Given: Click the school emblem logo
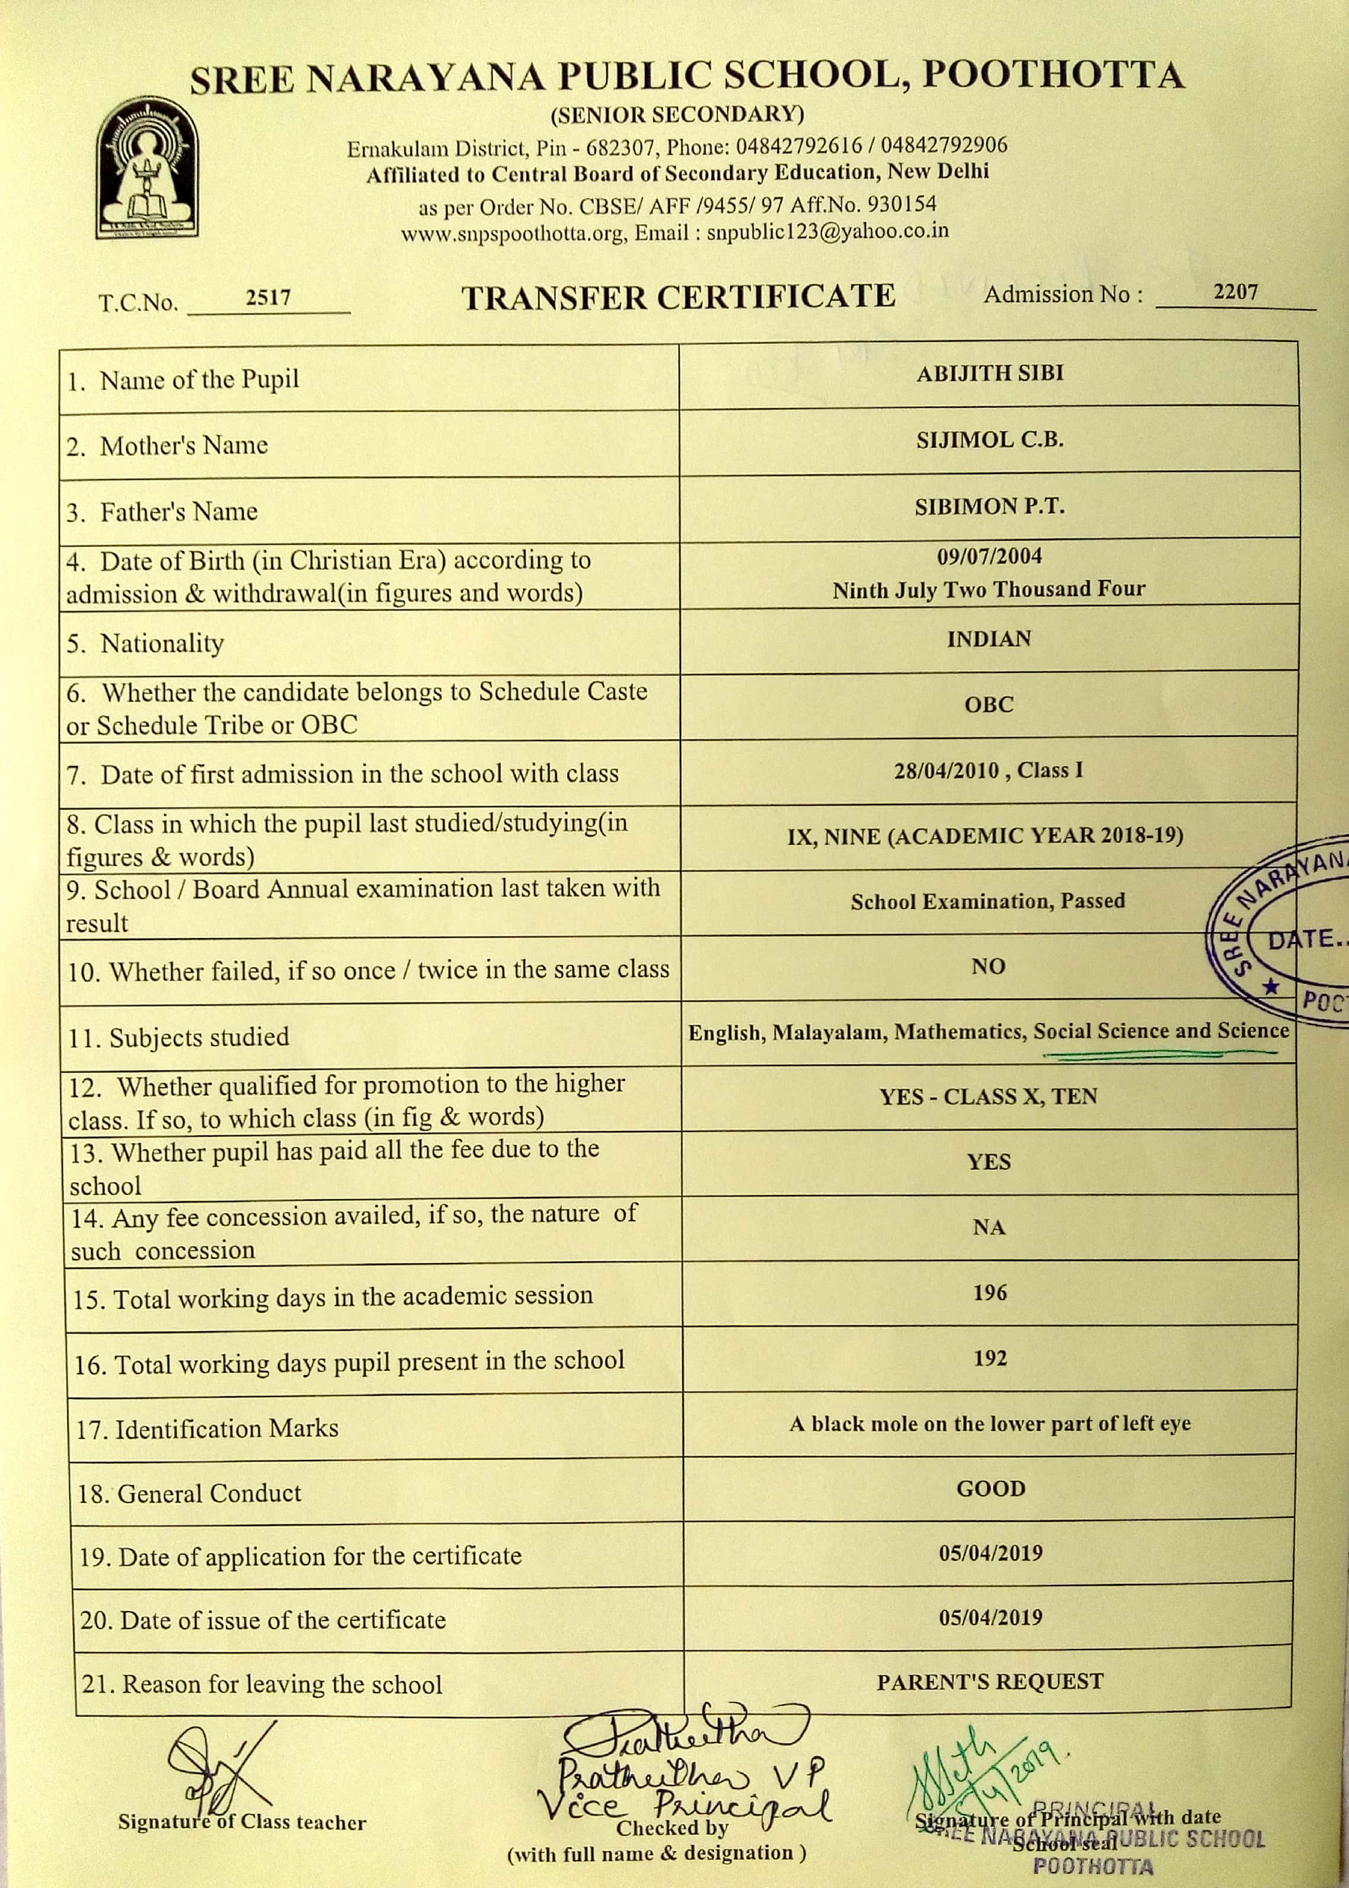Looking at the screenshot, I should pyautogui.click(x=147, y=168).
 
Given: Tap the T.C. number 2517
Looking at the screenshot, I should pyautogui.click(x=267, y=298).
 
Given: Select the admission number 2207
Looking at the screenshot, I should pyautogui.click(x=1235, y=292).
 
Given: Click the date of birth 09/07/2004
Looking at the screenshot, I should pyautogui.click(x=989, y=556).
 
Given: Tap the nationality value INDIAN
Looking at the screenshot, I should pyautogui.click(x=989, y=639).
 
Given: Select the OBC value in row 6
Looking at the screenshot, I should pyautogui.click(x=989, y=704).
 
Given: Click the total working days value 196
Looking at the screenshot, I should pyautogui.click(x=989, y=1293).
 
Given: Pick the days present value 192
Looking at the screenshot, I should pyautogui.click(x=989, y=1358).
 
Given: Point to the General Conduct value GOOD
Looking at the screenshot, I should pyautogui.click(x=990, y=1488).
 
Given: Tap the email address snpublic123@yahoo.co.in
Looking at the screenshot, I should pyautogui.click(x=827, y=232).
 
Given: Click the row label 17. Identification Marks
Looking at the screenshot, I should pyautogui.click(x=207, y=1429).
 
